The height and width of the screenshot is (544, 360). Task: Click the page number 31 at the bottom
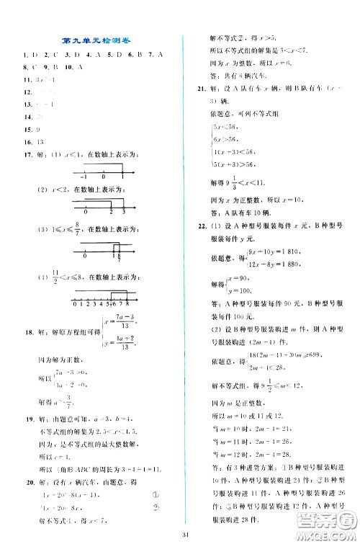tap(186, 534)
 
